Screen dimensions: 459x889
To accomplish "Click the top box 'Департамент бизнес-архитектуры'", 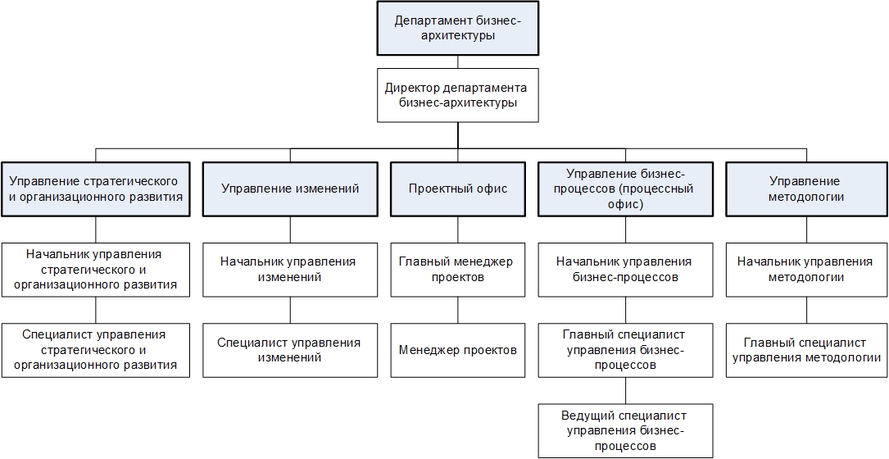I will [457, 29].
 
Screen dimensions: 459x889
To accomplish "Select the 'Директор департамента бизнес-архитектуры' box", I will [457, 95].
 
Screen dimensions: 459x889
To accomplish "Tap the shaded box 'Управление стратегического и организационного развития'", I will [95, 189].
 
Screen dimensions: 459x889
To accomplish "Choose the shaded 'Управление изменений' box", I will [290, 189].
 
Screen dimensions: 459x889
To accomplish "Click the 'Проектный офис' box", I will [457, 189].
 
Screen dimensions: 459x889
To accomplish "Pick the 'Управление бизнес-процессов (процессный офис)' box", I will [626, 189].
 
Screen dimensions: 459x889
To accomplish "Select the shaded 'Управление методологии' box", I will [805, 189].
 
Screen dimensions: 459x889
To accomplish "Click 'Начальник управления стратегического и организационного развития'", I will [95, 270].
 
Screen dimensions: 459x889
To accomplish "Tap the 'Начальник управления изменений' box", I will [290, 270].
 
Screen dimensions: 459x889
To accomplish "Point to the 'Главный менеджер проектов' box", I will [457, 270].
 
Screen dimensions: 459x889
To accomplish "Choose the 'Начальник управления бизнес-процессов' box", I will [626, 270].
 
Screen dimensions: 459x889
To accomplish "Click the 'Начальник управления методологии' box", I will [805, 270].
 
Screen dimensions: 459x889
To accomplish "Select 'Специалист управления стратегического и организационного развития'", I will [95, 350].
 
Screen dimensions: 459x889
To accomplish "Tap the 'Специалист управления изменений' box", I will [290, 350].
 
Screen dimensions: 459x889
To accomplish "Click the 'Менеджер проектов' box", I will [457, 350].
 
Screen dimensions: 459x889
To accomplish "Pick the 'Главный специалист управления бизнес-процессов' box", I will [626, 350].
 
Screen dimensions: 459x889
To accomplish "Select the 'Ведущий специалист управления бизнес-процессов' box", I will [626, 431].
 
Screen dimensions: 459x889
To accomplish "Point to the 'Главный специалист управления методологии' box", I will [805, 350].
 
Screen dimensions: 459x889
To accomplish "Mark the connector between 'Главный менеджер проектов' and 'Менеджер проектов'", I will [457, 310].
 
